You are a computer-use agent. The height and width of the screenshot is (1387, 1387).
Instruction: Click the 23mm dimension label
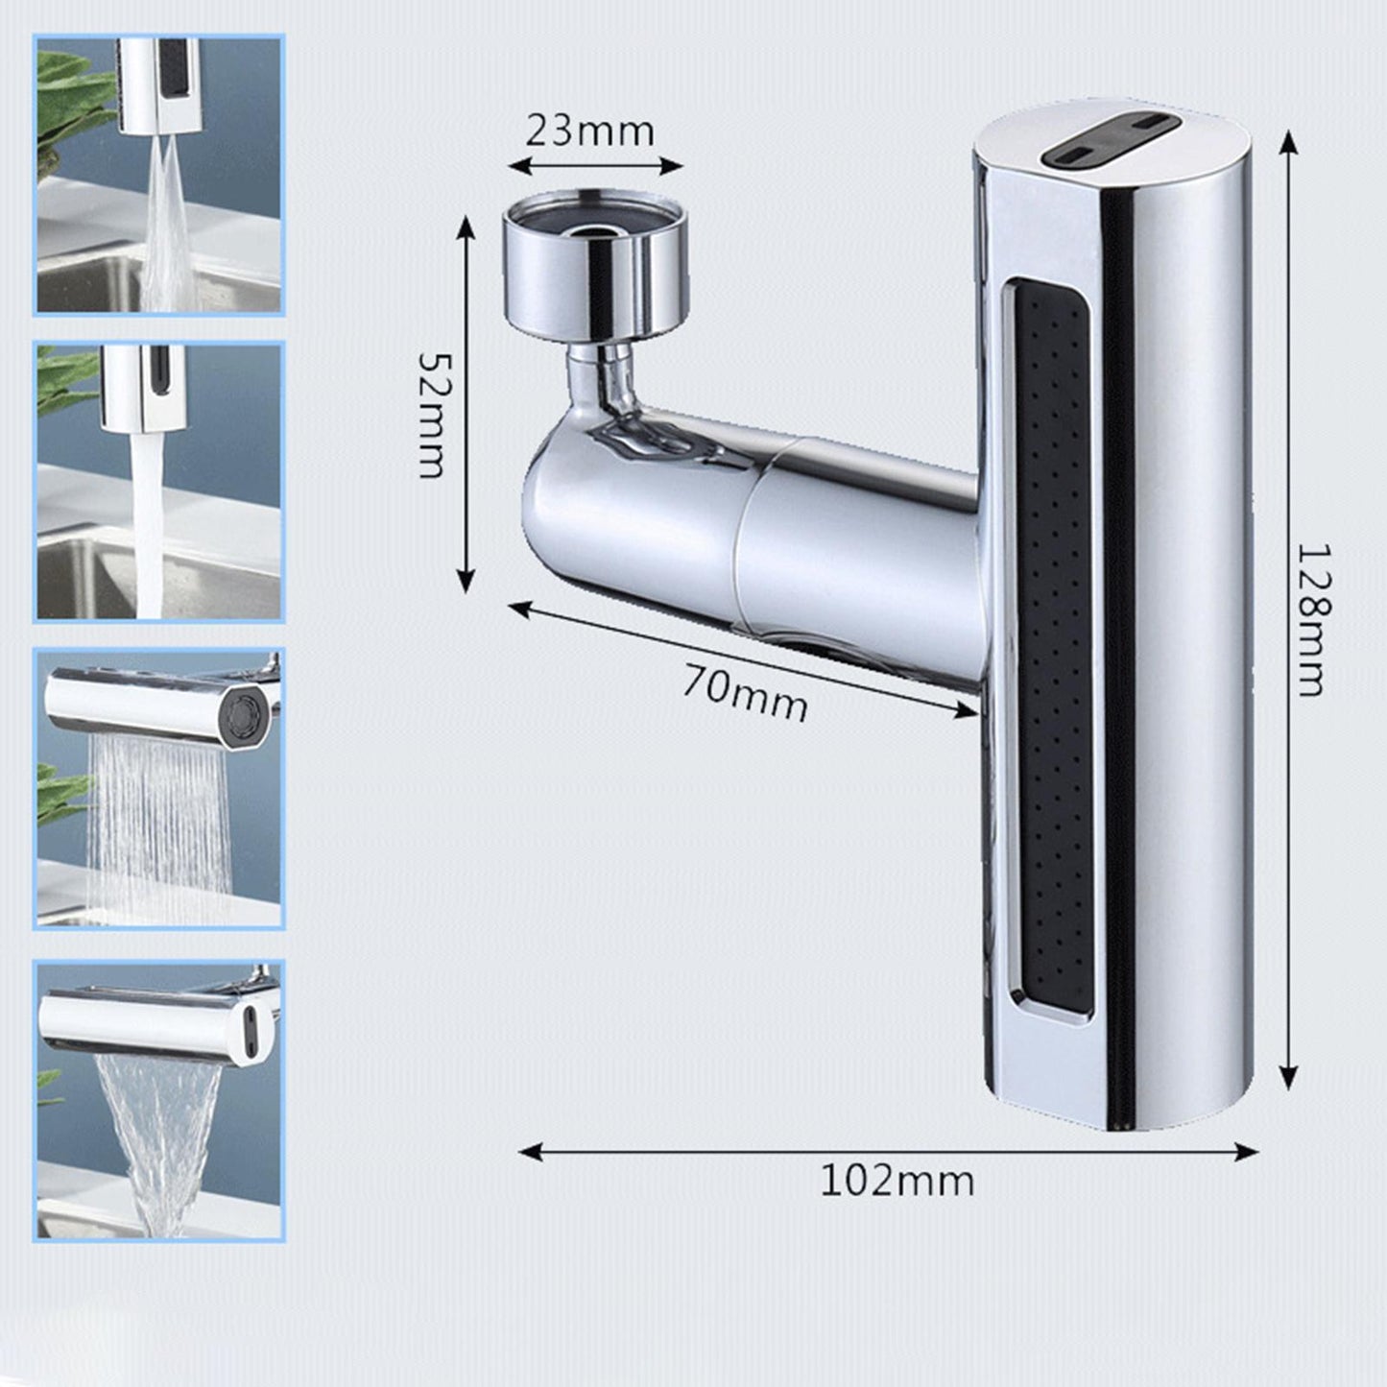pyautogui.click(x=589, y=131)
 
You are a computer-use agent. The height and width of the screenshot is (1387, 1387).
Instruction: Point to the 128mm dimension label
pyautogui.click(x=1310, y=619)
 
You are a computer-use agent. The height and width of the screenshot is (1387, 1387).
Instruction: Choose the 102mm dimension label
pyautogui.click(x=897, y=1181)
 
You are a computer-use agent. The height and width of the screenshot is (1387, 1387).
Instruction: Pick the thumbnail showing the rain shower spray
pyautogui.click(x=159, y=788)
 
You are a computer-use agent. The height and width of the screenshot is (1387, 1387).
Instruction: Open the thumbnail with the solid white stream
pyautogui.click(x=159, y=481)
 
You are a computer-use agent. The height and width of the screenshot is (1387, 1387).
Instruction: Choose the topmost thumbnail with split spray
pyautogui.click(x=159, y=175)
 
